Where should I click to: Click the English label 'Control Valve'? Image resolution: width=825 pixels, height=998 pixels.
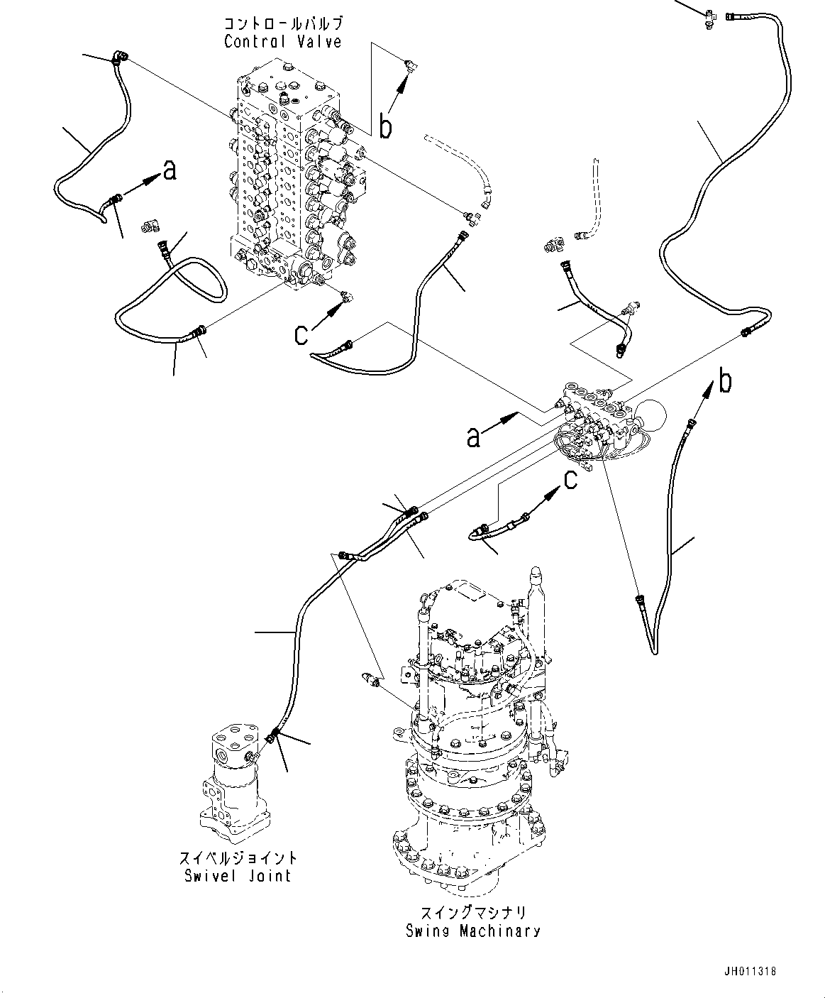282,42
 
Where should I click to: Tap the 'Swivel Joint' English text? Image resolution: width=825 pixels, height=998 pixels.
238,876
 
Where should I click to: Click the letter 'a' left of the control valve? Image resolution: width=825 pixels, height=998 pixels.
169,170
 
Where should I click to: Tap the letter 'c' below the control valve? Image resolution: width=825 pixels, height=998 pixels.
302,334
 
